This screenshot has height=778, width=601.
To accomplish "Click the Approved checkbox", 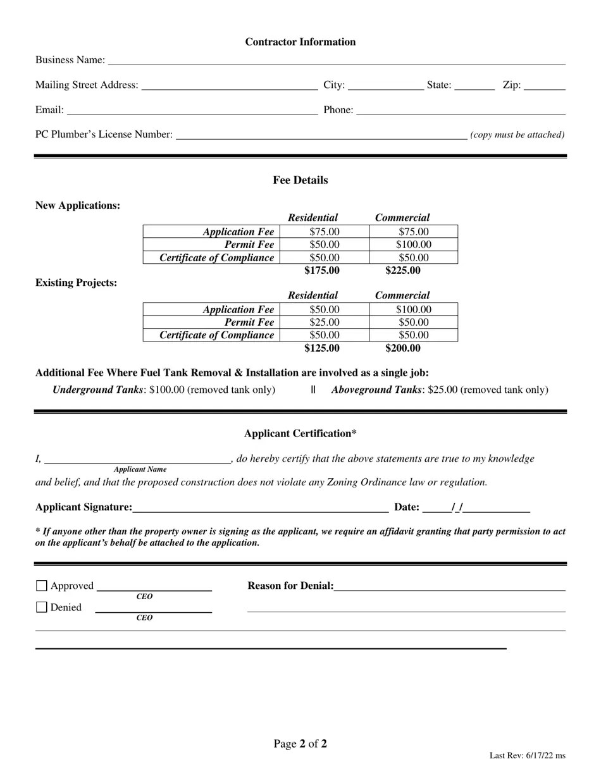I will [x=42, y=586].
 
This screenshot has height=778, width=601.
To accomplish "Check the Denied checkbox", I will [x=42, y=607].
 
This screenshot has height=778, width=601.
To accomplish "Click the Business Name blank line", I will [x=336, y=61].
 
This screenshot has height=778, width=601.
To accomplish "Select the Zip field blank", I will [x=544, y=86].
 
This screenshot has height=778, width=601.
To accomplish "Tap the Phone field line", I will [x=461, y=111].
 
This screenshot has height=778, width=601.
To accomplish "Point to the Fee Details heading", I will [x=300, y=180].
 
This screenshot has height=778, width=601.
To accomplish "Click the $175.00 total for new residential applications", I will [x=321, y=271].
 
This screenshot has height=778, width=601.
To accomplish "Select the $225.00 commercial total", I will [x=402, y=271].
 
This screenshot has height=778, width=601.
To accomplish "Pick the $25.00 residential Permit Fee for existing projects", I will [x=324, y=323].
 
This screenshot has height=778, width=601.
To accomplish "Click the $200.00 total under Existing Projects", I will [x=402, y=349].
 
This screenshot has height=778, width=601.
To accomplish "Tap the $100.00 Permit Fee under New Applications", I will [x=414, y=245].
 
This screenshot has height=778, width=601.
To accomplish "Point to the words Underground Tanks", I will [x=97, y=390].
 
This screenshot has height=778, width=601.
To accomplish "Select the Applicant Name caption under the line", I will [x=140, y=469].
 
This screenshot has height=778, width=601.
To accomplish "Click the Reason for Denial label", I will [x=290, y=586].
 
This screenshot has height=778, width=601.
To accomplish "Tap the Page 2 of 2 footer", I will [x=300, y=744].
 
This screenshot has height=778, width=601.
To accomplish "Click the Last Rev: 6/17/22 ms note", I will [x=527, y=755].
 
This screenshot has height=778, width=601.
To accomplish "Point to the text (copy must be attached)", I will [x=517, y=135].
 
